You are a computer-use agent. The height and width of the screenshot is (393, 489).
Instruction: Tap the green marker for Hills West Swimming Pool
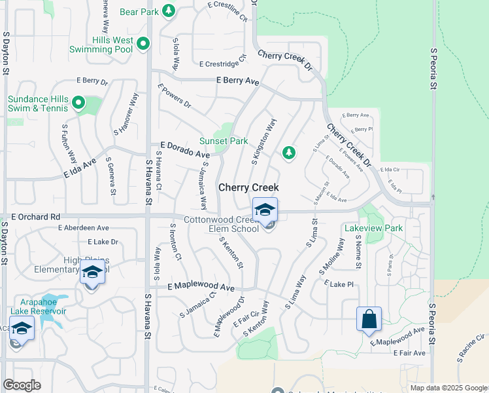coord(144,45)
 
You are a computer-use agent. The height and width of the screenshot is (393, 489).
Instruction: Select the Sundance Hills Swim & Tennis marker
coord(78,102)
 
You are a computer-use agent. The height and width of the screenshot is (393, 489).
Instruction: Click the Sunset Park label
coord(224,141)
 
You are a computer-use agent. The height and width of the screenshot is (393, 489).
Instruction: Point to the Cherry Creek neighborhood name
coord(248,187)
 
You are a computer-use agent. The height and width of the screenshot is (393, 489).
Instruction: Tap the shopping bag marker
coord(369,320)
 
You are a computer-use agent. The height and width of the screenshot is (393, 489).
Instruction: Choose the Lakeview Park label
coord(373,229)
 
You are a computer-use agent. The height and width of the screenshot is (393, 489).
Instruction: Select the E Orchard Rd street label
coord(36,216)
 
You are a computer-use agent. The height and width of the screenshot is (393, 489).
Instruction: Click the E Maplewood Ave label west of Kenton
coord(201,287)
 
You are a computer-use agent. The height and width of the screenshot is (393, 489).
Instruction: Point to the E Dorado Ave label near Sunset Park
coord(185,150)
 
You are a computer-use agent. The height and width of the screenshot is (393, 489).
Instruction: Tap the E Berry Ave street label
coord(237,81)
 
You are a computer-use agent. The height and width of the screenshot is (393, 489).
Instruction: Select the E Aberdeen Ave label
coord(83,228)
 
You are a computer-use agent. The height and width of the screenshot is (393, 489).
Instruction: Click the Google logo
coord(22,385)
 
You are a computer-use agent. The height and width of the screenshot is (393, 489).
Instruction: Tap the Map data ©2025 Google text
coord(448,388)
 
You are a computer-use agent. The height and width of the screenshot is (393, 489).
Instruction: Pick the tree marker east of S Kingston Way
coord(288,153)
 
